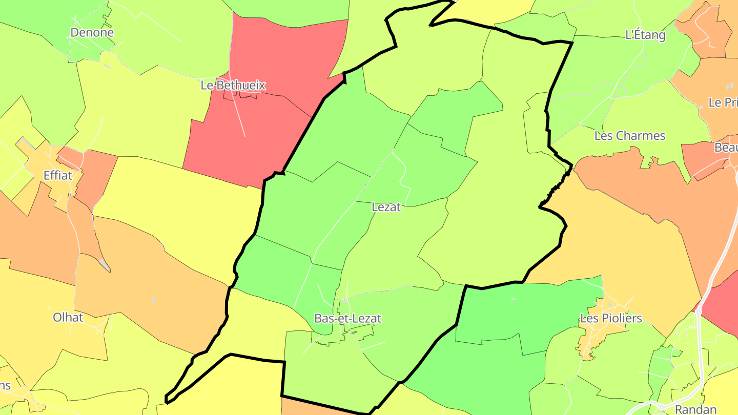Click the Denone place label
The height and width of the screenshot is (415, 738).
(92, 32)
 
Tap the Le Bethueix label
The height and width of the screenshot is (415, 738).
(233, 85)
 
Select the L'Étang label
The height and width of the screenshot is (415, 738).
(645, 35)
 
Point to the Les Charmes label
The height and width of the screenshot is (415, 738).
(629, 136)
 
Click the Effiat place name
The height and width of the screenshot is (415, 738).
(58, 175)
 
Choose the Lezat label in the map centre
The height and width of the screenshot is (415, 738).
(386, 207)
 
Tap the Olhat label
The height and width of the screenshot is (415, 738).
(68, 317)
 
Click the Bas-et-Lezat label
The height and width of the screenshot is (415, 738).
(347, 318)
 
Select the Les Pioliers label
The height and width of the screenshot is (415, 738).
(610, 318)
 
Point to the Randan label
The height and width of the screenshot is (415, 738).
(695, 409)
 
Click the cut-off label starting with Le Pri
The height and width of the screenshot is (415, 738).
(723, 102)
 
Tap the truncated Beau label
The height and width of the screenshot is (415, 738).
(726, 148)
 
